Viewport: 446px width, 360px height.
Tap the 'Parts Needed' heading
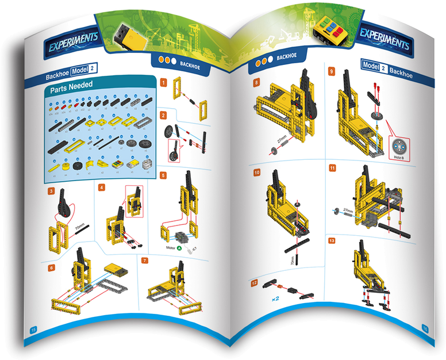(x=72, y=90)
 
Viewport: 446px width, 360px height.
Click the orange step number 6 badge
(x=52, y=267)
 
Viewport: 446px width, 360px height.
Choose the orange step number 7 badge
(x=145, y=261)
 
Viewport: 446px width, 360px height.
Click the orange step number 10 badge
(x=257, y=172)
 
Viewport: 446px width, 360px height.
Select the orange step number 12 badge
(x=254, y=283)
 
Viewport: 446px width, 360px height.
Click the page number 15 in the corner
(x=33, y=329)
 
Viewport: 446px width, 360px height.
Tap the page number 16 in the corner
(x=425, y=328)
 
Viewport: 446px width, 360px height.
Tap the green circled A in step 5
(x=180, y=248)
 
